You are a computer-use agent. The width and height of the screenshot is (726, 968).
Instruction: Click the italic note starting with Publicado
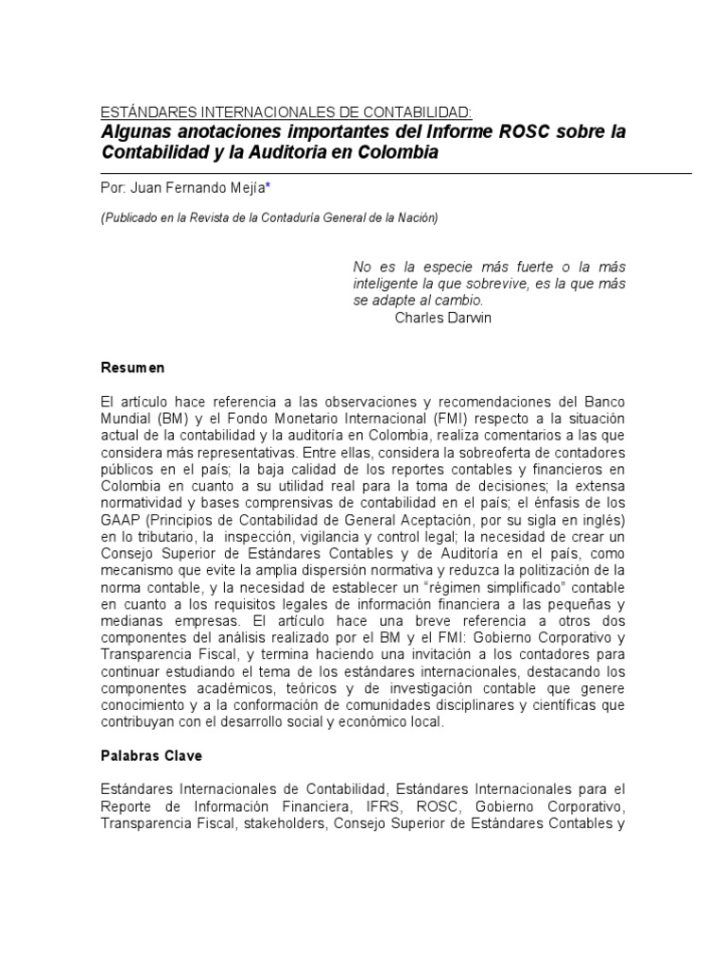coord(269,218)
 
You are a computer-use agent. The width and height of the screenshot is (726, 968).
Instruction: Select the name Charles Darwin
coord(442,319)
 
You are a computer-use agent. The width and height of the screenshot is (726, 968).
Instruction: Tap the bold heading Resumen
coord(132,368)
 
